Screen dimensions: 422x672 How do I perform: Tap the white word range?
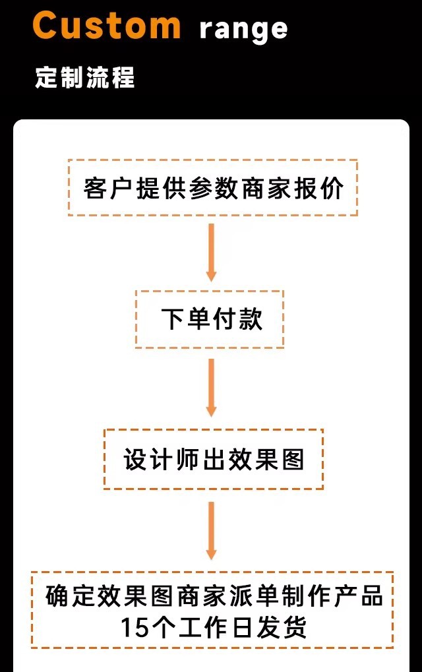coord(243,28)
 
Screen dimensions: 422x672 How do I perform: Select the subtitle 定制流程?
coord(85,78)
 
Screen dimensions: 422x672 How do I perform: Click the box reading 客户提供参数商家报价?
coord(212,188)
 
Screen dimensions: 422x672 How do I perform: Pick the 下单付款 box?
coord(210,319)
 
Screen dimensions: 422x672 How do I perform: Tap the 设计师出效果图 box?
coord(214,459)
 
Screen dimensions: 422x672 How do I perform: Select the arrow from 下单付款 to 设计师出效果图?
coord(211,388)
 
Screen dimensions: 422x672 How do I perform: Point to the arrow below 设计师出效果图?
coord(211,530)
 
